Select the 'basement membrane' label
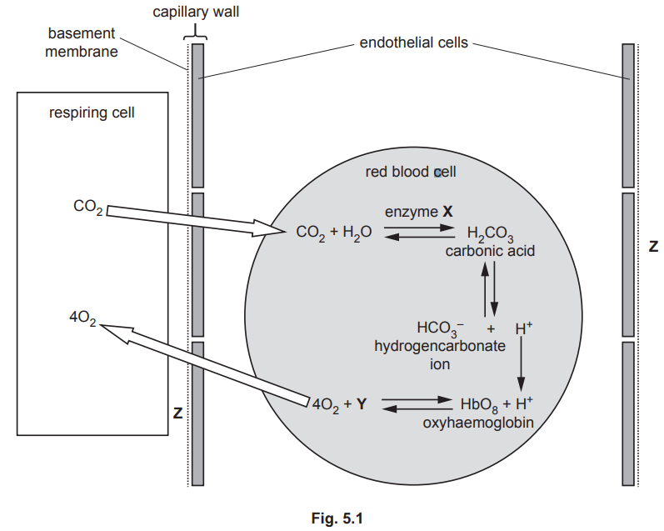click(81, 43)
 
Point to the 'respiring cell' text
click(92, 113)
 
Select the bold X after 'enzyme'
click(447, 212)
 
